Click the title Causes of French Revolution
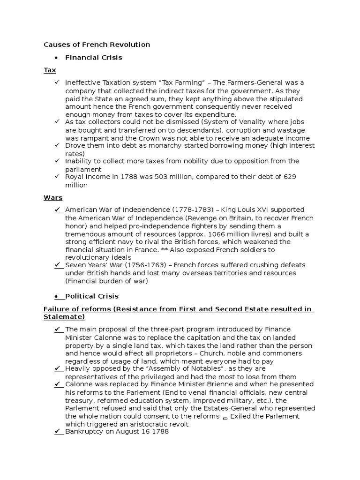tap(97, 45)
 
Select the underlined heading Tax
tap(50, 70)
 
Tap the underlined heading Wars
tap(52, 198)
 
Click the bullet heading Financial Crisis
tap(93, 57)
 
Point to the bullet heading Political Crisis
tap(91, 296)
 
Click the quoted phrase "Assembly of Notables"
tap(158, 369)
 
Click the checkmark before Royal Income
tap(57, 177)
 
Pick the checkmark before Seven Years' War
tap(58, 265)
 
